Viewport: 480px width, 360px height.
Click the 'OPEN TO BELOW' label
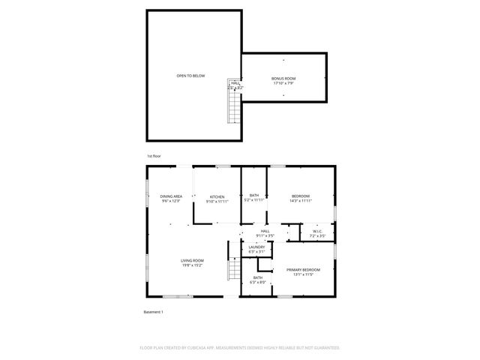[x=190, y=76]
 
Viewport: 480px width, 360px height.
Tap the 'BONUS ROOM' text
[x=283, y=78]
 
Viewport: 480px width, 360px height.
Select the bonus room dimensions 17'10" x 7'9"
[x=283, y=83]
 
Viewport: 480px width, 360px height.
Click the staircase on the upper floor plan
[x=234, y=106]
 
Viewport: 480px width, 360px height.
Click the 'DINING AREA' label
[x=171, y=196]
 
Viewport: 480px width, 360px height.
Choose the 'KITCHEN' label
[x=217, y=196]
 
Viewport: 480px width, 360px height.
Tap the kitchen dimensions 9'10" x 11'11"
[x=217, y=202]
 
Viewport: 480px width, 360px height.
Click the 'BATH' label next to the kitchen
[x=254, y=195]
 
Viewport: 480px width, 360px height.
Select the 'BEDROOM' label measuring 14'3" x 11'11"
[x=301, y=196]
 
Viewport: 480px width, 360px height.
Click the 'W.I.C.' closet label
[x=316, y=231]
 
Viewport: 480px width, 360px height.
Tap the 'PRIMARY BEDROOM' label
[x=303, y=269]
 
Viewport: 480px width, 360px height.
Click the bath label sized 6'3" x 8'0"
[x=257, y=278]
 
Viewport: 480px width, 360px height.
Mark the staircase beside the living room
[x=233, y=268]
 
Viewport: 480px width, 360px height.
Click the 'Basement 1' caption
[x=153, y=311]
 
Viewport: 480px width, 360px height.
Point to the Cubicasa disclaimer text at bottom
[x=240, y=348]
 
